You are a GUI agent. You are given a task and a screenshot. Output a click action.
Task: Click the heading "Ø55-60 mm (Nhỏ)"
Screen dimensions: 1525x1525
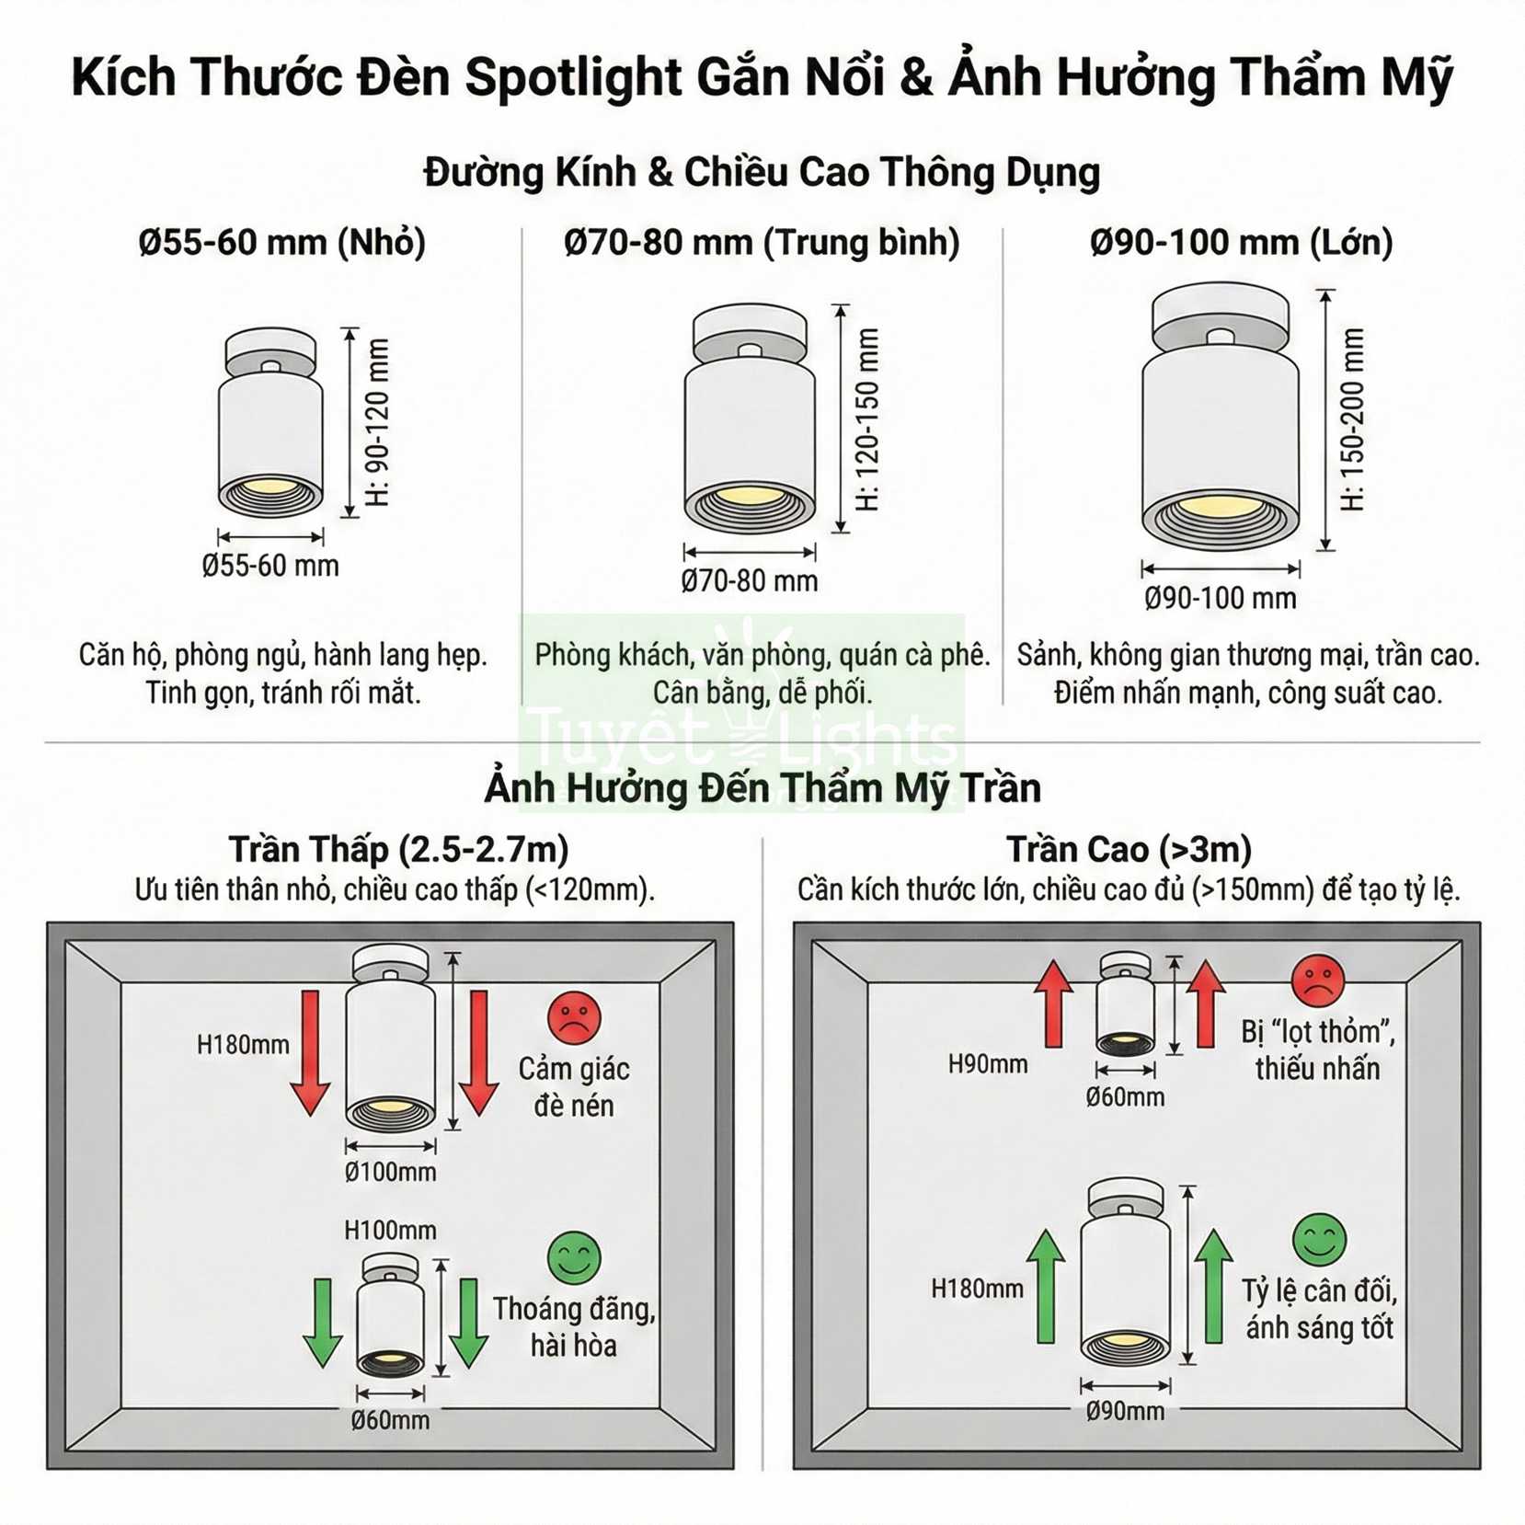(282, 243)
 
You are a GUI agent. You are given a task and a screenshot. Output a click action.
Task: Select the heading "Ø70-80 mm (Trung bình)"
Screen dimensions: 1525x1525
(762, 243)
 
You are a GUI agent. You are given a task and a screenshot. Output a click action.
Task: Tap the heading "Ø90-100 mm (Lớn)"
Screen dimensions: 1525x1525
(1241, 243)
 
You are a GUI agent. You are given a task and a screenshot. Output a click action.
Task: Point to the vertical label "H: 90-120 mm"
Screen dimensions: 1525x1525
(378, 422)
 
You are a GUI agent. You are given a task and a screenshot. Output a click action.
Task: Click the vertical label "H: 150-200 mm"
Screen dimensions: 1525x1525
(1352, 419)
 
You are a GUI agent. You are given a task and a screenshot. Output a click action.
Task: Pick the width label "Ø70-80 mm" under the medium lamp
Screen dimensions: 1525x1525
(750, 581)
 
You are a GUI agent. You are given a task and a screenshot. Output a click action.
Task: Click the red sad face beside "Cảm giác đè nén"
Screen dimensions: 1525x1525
(574, 1018)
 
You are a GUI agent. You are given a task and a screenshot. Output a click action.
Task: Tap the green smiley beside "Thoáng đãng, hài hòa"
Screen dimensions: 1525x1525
(574, 1258)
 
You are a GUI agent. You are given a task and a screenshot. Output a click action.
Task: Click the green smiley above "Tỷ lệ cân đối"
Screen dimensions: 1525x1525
(1319, 1240)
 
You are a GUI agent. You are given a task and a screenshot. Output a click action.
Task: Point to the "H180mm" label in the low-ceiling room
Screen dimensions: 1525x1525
(243, 1045)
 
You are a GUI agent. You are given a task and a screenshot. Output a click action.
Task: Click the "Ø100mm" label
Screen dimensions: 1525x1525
(391, 1172)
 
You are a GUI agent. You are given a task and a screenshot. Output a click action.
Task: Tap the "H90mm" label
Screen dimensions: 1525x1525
(988, 1064)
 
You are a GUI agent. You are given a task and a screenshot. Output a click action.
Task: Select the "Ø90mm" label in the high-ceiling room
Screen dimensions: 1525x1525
(1125, 1411)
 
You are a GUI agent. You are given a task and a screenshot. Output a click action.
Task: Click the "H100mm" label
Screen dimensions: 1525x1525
(391, 1230)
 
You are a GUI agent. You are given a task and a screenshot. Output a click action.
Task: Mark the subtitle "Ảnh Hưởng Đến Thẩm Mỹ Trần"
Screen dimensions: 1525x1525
(762, 788)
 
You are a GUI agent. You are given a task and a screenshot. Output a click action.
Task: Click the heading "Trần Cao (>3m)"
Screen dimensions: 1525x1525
(1129, 849)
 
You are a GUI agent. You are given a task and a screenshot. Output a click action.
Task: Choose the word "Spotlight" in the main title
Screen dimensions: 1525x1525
(571, 76)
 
